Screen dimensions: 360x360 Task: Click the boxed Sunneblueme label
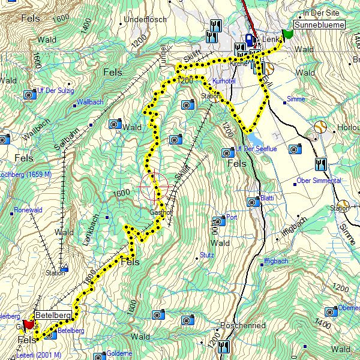point(320,25)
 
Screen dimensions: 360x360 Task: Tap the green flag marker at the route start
point(288,34)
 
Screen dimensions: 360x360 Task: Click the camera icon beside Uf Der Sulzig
point(29,94)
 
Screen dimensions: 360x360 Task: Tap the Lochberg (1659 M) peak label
point(25,175)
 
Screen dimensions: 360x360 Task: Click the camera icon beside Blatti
point(253,202)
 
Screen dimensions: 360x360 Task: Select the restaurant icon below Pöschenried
point(224,346)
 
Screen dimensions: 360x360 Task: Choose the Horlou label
point(347,128)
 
